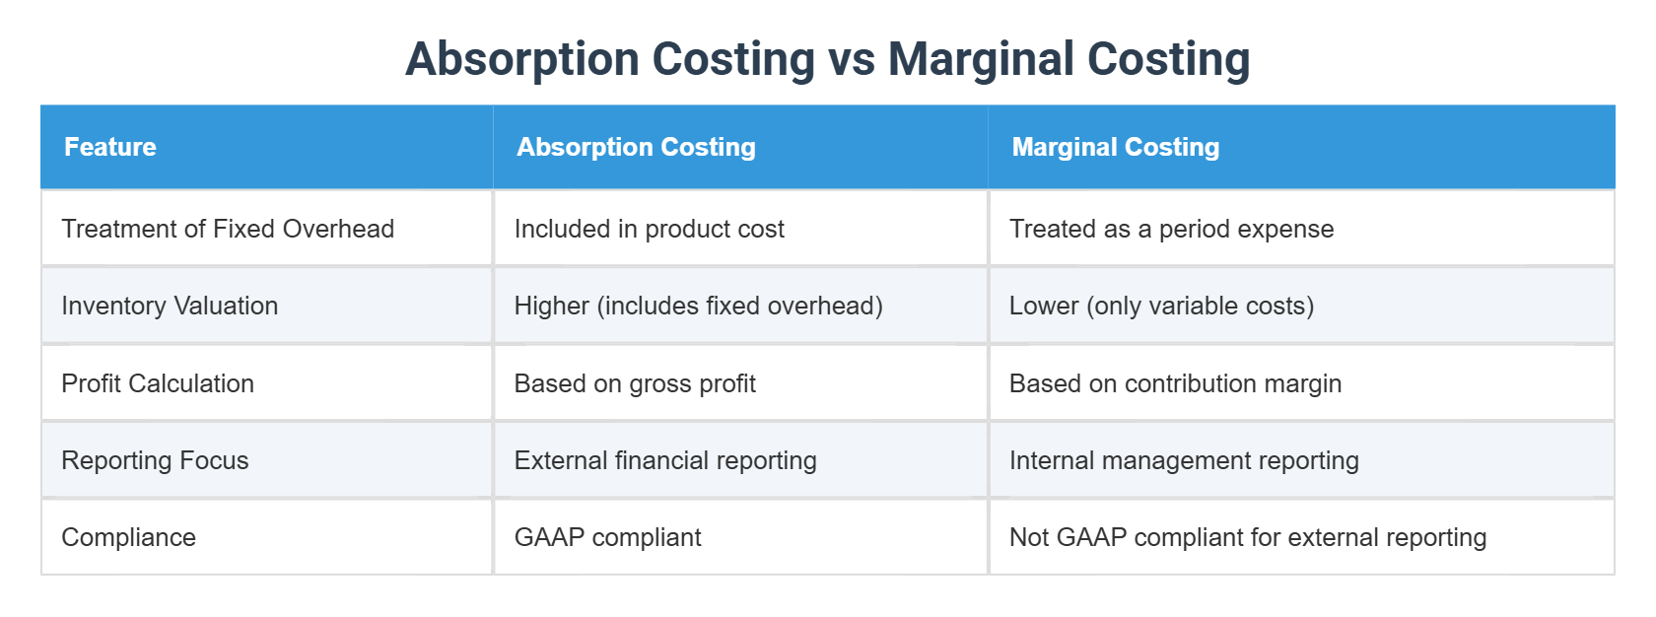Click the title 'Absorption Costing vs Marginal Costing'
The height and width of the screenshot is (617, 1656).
coord(827,59)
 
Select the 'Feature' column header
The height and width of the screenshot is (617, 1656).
coord(110,147)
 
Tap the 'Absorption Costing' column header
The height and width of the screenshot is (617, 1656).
coord(636,147)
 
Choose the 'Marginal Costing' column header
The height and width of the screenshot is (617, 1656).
coord(1115,147)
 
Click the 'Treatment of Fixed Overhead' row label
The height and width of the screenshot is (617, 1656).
coord(228,229)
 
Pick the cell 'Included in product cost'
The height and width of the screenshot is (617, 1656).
coord(649,229)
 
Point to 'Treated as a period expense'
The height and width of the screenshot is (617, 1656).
coord(1171,229)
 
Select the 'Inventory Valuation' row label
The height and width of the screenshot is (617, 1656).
coord(170,306)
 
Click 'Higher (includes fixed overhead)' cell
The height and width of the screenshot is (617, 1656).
coord(698,306)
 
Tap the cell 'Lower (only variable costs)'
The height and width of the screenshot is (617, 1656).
coord(1161,306)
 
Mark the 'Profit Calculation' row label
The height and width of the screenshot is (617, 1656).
coord(158,383)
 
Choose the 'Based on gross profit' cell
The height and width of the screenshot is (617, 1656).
coord(635,383)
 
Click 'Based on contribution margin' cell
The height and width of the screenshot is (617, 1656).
coord(1175,383)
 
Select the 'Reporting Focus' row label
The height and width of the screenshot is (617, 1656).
coord(155,460)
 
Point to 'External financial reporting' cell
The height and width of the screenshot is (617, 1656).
coord(665,460)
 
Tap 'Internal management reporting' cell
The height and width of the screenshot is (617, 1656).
coord(1184,460)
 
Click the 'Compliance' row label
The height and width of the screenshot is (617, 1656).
coord(128,537)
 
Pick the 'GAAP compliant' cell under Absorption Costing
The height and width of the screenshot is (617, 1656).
coord(607,537)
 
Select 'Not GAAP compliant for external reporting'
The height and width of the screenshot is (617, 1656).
coord(1247,537)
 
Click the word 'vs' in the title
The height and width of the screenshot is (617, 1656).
coord(852,59)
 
